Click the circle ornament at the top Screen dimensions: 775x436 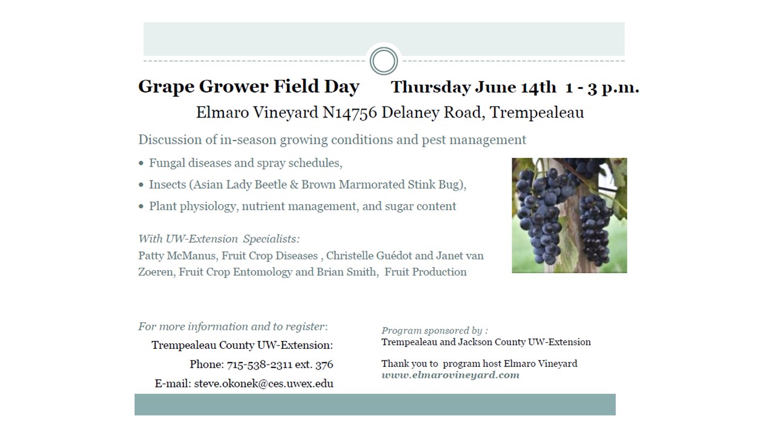384,48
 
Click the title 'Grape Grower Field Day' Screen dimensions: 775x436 249,87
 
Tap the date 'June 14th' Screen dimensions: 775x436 515,87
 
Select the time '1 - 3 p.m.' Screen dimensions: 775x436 602,87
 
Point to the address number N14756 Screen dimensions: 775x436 349,113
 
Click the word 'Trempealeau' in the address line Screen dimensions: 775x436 536,113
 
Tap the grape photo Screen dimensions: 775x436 569,215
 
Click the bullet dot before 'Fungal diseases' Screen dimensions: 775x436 141,163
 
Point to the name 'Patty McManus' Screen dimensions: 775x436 177,256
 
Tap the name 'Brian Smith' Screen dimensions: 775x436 346,272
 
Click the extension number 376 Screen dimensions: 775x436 324,365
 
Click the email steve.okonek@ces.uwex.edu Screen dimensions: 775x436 263,384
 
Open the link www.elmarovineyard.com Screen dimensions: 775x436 450,375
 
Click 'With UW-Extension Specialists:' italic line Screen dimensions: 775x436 219,239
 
